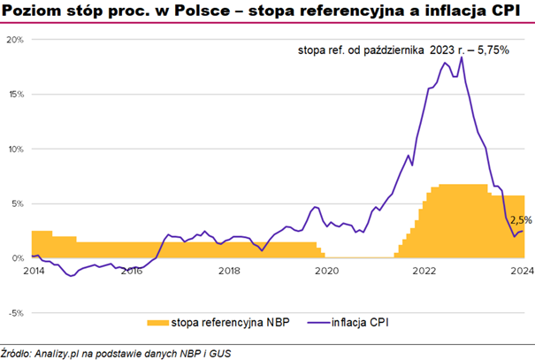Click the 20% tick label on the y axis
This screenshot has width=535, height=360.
click(16, 40)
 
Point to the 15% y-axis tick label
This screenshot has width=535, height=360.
click(16, 94)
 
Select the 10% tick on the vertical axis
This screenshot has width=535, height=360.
click(16, 149)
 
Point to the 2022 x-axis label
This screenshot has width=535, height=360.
click(424, 271)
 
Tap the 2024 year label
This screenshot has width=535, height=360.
click(521, 271)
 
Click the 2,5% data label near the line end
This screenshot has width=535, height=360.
click(521, 220)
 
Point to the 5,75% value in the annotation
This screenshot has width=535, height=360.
click(492, 50)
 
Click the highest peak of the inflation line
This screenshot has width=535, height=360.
click(462, 82)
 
